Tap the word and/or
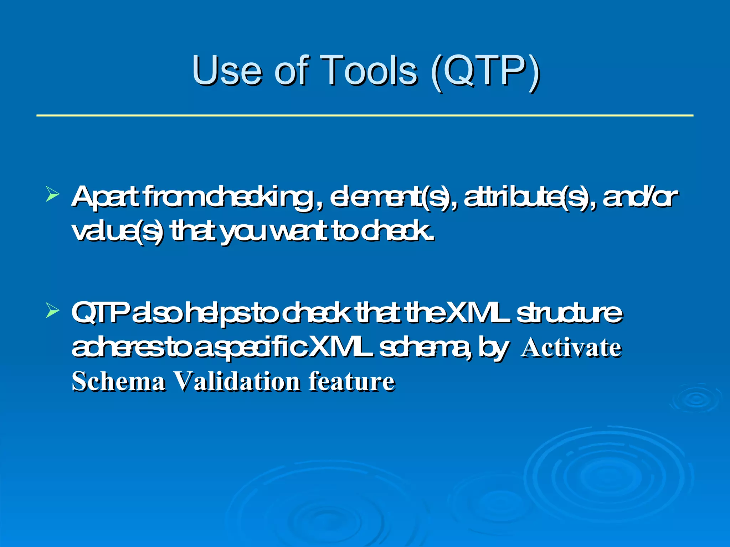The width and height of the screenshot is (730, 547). (x=640, y=197)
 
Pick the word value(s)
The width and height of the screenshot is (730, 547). (x=118, y=231)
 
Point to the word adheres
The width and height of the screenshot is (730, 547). (x=118, y=347)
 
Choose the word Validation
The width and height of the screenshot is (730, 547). (x=237, y=381)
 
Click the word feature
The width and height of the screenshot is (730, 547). (x=351, y=381)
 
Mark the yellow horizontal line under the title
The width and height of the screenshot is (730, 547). (x=365, y=115)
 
